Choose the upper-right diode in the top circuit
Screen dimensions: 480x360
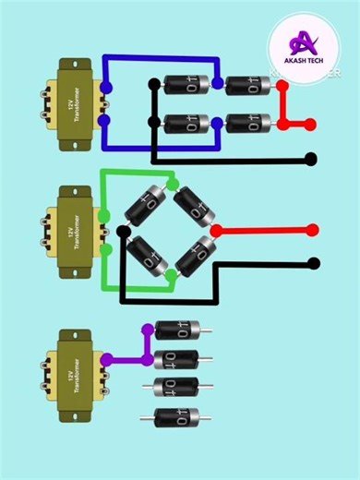247,84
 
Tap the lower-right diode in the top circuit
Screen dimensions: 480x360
247,123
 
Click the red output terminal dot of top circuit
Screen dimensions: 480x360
313,123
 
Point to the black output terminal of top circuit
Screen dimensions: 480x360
312,159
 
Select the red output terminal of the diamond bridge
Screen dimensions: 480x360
313,230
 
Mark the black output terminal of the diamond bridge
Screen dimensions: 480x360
313,263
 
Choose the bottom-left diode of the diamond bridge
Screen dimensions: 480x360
147,256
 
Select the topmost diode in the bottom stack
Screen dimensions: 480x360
177,330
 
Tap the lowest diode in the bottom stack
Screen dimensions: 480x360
177,417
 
